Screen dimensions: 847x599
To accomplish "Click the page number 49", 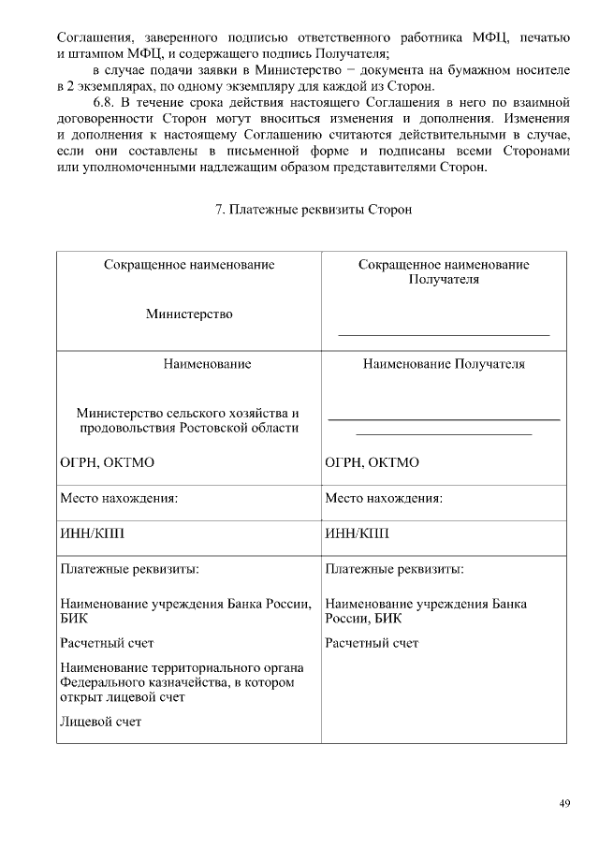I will (x=564, y=802).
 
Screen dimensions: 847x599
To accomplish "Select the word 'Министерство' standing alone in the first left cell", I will (x=189, y=314).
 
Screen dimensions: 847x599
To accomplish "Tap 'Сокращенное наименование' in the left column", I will (x=189, y=265).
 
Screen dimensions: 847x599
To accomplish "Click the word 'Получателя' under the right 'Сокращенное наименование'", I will (x=444, y=279).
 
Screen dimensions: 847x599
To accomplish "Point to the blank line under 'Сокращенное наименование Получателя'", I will (x=444, y=334).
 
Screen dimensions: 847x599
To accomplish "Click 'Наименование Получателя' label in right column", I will (x=444, y=364).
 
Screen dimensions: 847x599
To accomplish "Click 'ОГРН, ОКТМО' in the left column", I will (x=107, y=463).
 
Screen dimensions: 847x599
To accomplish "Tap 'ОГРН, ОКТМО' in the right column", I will (x=372, y=463).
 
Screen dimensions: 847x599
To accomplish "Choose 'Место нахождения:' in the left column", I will (x=119, y=499).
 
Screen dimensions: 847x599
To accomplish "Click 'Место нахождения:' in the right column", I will (x=384, y=499).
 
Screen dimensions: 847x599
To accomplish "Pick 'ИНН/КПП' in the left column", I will (x=92, y=533).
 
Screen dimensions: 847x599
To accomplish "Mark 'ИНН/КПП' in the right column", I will (x=357, y=533).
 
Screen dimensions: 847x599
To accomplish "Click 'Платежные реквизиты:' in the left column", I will (x=129, y=568).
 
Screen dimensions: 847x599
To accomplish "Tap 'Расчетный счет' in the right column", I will (x=372, y=643).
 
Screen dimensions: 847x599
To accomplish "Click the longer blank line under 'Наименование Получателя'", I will (x=444, y=419).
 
